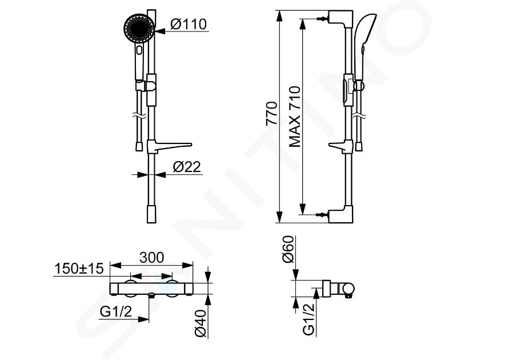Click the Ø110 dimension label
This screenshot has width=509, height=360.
pos(189,24)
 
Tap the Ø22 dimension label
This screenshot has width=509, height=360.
pos(187,167)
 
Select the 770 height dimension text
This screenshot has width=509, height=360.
pos(272,114)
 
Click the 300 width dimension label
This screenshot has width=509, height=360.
pos(151,257)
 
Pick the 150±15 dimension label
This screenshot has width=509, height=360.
pos(79,269)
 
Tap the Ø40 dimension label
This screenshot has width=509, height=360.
pos(201,323)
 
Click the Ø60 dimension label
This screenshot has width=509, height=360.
pos(288,250)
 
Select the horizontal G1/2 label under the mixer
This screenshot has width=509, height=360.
pos(116,312)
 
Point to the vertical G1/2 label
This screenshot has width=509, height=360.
pos(308,319)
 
